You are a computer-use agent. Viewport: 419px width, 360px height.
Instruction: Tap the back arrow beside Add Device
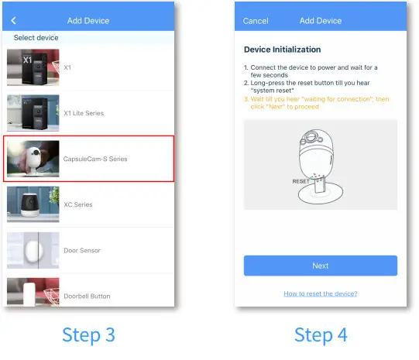[x=13, y=20]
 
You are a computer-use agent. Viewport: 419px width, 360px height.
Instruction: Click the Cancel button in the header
[x=256, y=21]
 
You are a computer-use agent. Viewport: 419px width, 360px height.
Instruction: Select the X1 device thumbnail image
[x=33, y=67]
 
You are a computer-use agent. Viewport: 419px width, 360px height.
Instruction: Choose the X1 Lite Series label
[x=83, y=113]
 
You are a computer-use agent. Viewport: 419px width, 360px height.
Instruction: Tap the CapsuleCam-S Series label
[x=95, y=159]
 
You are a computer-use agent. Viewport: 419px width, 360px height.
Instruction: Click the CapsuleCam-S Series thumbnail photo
[x=33, y=159]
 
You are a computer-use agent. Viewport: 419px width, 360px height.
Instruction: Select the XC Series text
[x=77, y=204]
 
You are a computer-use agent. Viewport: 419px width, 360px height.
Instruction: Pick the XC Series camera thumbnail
[x=33, y=204]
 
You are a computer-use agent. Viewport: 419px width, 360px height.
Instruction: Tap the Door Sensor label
[x=81, y=250]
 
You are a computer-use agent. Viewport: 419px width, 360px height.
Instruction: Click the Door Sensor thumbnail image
[x=33, y=250]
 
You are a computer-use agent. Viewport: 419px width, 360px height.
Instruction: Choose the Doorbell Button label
[x=87, y=296]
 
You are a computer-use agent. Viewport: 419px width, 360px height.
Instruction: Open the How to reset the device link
[x=320, y=293]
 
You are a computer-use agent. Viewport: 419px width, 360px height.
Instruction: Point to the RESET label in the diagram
[x=301, y=180]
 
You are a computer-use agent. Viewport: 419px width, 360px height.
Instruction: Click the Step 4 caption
[x=321, y=335]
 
